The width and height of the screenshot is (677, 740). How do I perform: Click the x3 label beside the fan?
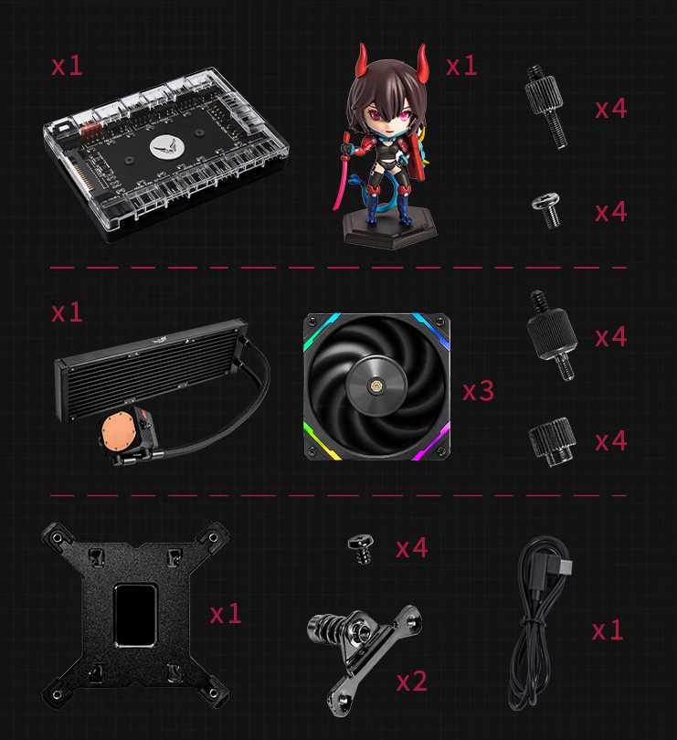(x=478, y=391)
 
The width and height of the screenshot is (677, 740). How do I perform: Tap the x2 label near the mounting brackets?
(x=412, y=681)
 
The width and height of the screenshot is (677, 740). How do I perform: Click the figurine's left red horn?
(x=363, y=60)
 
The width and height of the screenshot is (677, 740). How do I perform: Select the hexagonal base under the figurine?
(x=390, y=229)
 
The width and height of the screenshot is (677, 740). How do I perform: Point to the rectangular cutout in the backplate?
(x=135, y=615)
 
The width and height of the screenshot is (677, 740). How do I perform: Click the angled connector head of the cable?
(x=559, y=564)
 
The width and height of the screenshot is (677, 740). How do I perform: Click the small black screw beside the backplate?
(x=363, y=549)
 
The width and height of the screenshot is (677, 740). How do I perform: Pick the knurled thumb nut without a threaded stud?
(x=552, y=442)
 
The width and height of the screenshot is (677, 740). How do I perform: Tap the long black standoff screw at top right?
(x=547, y=107)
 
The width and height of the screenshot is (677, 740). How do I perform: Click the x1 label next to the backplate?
(x=226, y=615)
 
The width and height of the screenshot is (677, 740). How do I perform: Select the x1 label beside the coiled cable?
(x=608, y=630)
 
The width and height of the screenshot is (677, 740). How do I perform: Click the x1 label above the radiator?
(x=67, y=312)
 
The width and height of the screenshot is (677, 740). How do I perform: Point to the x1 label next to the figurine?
(x=461, y=66)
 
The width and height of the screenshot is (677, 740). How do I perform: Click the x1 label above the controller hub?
(x=67, y=66)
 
